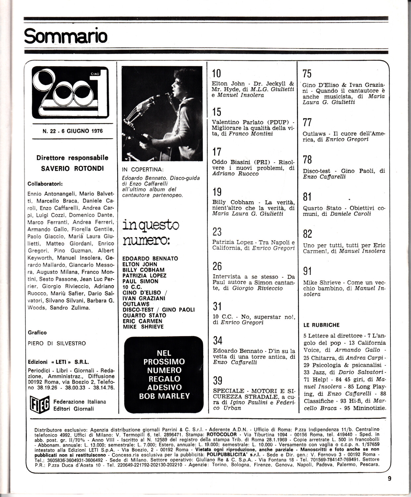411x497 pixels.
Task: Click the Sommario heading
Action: tap(66, 36)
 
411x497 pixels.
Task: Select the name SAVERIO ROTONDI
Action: tap(72, 168)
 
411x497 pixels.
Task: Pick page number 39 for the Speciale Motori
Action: tap(217, 380)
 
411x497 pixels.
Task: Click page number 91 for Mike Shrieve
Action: tap(307, 271)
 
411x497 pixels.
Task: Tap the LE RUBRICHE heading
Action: tap(321, 325)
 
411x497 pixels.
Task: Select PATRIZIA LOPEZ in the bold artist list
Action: tap(145, 275)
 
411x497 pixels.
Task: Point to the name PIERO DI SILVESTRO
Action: tap(57, 344)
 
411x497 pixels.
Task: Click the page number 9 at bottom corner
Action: tap(389, 478)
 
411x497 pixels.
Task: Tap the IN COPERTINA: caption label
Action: tap(143, 170)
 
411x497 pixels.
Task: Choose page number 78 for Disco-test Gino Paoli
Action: tap(307, 160)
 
